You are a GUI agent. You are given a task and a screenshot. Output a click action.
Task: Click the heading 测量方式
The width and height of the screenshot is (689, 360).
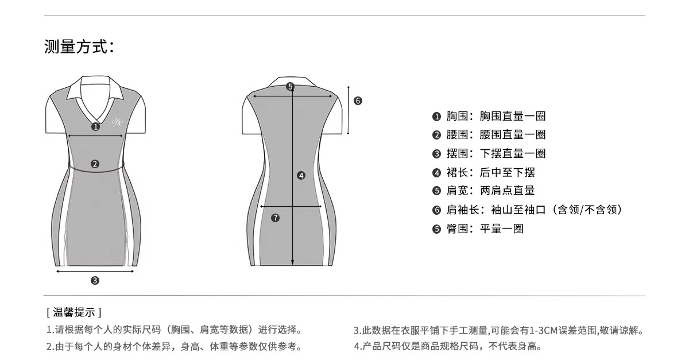tap(79, 47)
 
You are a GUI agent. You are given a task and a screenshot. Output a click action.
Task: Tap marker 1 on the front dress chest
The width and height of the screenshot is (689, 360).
tap(95, 126)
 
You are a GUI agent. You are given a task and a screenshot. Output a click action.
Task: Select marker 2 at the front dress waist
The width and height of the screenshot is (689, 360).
tap(95, 164)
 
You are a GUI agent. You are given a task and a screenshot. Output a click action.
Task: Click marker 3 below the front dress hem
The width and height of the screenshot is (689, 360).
tap(95, 280)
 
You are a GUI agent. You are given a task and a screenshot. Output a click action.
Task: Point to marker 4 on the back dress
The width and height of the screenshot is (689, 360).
tap(301, 176)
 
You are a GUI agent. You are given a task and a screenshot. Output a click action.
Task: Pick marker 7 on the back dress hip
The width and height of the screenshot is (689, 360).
tap(276, 218)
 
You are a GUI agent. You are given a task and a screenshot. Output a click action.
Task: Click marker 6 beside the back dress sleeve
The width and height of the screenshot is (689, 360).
tap(358, 101)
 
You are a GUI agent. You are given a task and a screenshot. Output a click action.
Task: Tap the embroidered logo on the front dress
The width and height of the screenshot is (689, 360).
tap(117, 121)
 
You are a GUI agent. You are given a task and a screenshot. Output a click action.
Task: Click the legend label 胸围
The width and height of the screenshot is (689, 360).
tap(458, 117)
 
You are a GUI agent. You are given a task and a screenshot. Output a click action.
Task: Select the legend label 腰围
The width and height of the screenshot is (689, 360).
tap(458, 135)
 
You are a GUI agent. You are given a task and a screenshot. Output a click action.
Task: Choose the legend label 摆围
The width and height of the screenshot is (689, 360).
tap(458, 153)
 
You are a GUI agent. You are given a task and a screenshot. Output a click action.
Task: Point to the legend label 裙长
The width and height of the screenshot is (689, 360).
tap(458, 172)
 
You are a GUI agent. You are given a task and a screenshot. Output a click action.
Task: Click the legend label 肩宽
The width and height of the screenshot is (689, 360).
tap(458, 191)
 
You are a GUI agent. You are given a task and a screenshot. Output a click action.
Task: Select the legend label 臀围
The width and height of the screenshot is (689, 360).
tap(458, 229)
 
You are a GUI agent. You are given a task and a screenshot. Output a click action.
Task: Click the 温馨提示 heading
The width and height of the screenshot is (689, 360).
tap(74, 312)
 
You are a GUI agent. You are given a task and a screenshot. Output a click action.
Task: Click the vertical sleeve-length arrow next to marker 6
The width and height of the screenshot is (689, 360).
tap(349, 110)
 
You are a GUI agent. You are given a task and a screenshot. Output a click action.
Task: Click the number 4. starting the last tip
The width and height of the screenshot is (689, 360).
tap(357, 346)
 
